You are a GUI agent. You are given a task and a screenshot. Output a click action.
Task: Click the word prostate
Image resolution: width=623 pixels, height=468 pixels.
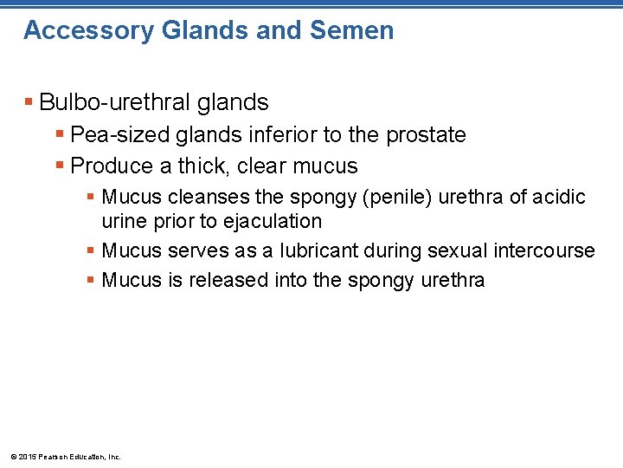(426, 135)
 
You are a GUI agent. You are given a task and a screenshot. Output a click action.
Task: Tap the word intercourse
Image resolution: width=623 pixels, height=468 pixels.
(544, 251)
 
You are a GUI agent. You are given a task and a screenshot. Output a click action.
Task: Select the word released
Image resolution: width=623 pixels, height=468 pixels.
(227, 280)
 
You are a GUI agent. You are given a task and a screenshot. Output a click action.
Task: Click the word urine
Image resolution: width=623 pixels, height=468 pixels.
(125, 221)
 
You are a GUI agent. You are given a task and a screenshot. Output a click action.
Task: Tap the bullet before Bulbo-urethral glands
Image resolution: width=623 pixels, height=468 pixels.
(29, 103)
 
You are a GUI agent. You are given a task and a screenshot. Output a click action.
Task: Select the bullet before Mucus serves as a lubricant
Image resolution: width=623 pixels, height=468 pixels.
(91, 251)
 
